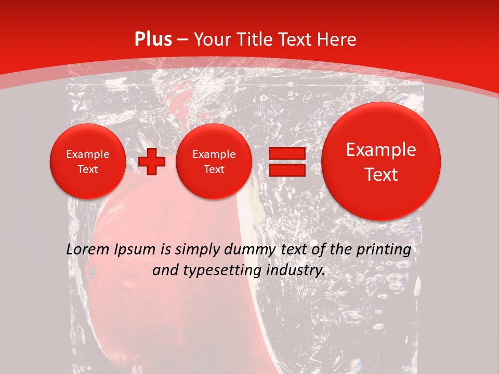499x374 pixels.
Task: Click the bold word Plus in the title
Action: (153, 39)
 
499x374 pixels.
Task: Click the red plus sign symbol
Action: (152, 162)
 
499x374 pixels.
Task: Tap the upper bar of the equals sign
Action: (286, 153)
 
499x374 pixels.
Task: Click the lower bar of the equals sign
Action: (286, 170)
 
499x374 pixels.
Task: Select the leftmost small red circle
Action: (88, 162)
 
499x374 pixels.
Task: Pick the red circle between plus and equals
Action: (214, 162)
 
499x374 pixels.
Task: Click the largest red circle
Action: (381, 162)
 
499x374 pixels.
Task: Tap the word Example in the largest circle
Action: (381, 150)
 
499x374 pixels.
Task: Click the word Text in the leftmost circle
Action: (88, 169)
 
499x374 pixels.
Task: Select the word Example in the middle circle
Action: (214, 154)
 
